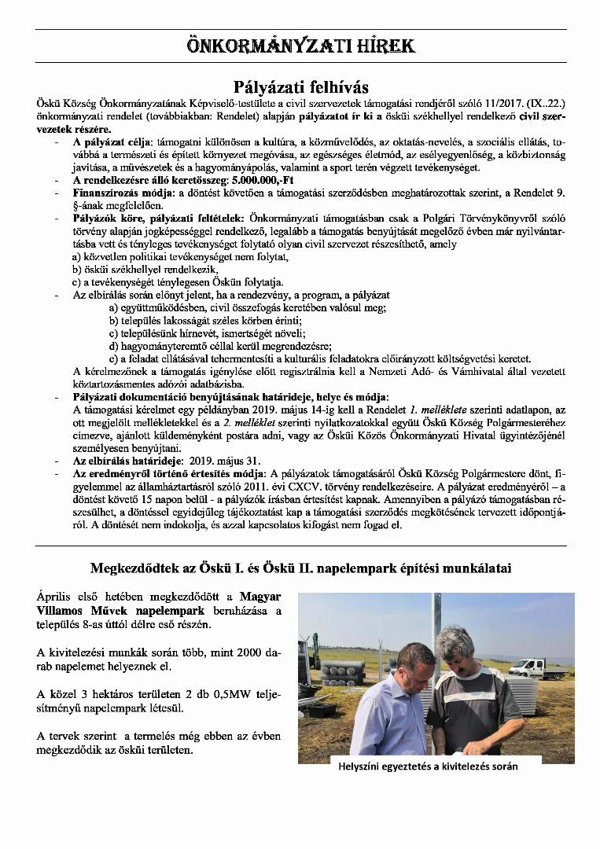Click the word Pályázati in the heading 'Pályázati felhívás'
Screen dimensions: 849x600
point(268,86)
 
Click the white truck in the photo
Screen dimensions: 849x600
point(547,668)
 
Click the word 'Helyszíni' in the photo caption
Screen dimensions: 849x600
point(362,766)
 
